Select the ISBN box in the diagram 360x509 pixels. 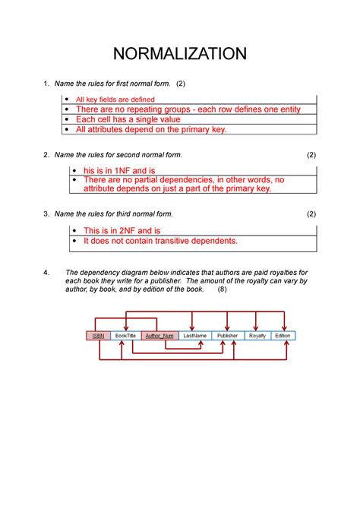(98, 335)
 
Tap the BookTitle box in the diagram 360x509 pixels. (125, 335)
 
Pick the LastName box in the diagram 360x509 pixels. (194, 335)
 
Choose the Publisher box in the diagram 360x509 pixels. (227, 335)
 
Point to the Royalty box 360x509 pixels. (257, 335)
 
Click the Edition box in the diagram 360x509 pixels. (283, 335)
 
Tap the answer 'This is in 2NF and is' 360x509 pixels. (122, 230)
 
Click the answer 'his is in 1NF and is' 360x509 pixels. (119, 171)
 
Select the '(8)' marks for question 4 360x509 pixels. (222, 289)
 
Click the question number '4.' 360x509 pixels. (47, 272)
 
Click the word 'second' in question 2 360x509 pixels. (128, 155)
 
